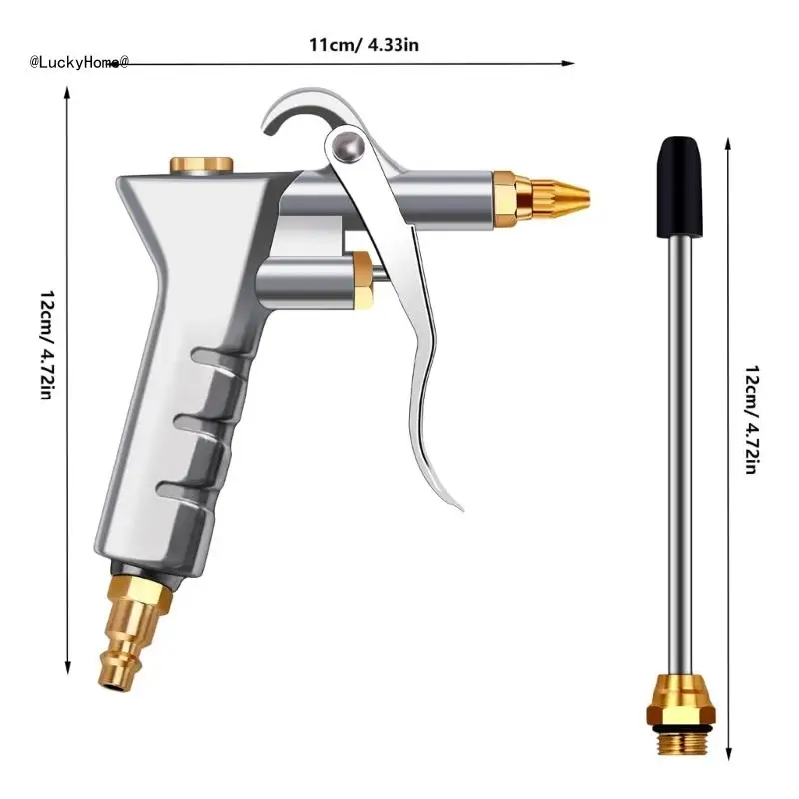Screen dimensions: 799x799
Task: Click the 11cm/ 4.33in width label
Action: point(364,45)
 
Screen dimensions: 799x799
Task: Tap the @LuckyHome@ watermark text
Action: point(79,62)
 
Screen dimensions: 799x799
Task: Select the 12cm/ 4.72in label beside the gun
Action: point(47,345)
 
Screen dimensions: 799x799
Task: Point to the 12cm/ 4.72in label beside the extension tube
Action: point(752,419)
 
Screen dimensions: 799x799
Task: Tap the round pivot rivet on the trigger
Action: point(348,146)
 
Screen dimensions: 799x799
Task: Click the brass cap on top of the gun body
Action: point(202,165)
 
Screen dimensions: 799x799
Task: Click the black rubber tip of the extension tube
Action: point(679,187)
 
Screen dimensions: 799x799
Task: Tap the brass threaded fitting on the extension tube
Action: point(681,714)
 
